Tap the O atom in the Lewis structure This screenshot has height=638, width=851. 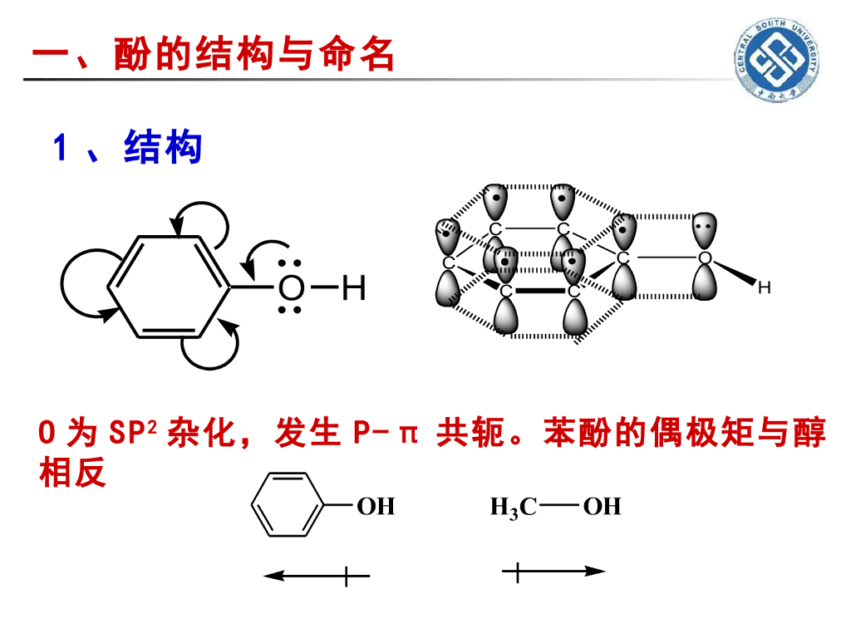tap(290, 289)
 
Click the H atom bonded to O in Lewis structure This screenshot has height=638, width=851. tap(353, 289)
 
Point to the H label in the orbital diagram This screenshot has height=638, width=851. tap(765, 288)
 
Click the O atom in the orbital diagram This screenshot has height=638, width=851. tap(705, 258)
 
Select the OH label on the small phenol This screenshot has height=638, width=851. tap(376, 506)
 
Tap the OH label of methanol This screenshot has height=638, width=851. tap(602, 506)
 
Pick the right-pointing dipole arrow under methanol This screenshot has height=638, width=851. tap(553, 572)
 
